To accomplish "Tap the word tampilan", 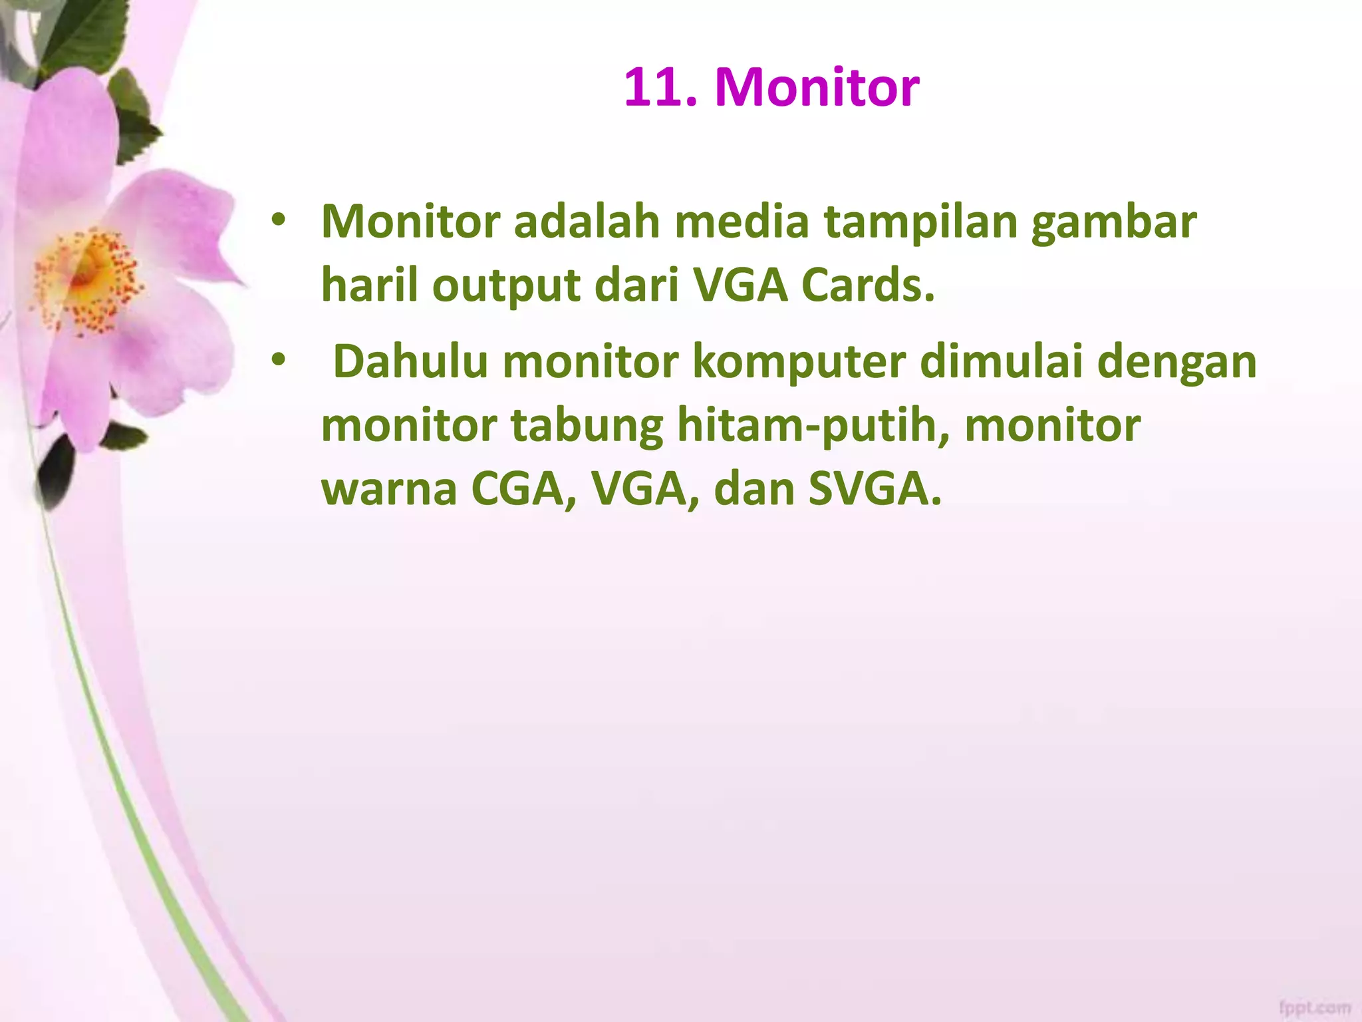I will click(921, 224).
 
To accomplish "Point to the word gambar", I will click(1114, 224).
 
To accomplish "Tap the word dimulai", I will click(1001, 362).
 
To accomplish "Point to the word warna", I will click(389, 490).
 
